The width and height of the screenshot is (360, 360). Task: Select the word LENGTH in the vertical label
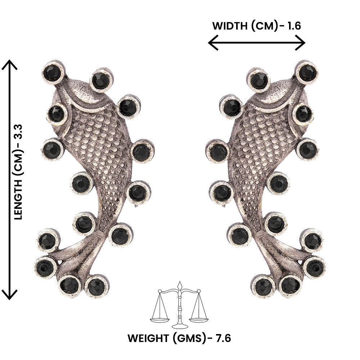(18, 199)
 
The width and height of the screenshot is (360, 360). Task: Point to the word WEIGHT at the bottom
(148, 338)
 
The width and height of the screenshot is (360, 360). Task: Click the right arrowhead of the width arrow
(300, 42)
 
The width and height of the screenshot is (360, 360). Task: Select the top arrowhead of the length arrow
(9, 65)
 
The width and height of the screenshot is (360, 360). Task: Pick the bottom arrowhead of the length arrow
(9, 294)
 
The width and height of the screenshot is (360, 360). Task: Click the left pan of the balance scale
(160, 319)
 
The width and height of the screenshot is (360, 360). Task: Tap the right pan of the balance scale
(199, 319)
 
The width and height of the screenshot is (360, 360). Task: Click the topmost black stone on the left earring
(52, 72)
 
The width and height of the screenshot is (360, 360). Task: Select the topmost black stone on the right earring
(307, 72)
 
